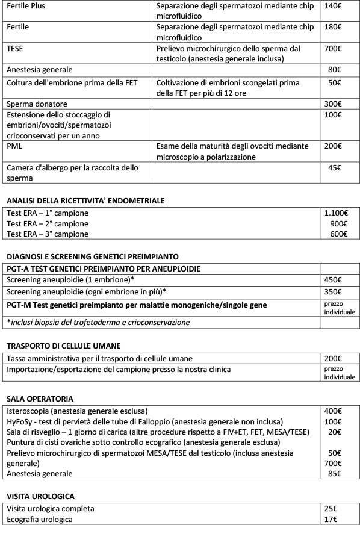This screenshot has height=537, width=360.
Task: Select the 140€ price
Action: coord(334,6)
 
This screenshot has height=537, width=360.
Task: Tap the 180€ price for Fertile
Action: coord(334,27)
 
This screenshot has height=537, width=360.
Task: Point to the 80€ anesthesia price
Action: coord(335,69)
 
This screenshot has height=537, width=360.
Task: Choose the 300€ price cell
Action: coord(334,104)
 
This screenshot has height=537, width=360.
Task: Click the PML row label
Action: coord(14,146)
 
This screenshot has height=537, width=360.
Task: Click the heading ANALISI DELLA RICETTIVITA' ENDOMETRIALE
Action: coord(85,200)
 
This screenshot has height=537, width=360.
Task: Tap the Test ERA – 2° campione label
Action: coord(48,223)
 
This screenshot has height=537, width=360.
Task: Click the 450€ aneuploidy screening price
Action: coord(334,279)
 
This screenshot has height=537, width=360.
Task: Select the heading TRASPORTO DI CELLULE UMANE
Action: coord(64,346)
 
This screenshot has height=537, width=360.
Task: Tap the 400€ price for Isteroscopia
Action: coord(334,411)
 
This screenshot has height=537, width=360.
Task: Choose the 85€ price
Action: coord(335,474)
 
